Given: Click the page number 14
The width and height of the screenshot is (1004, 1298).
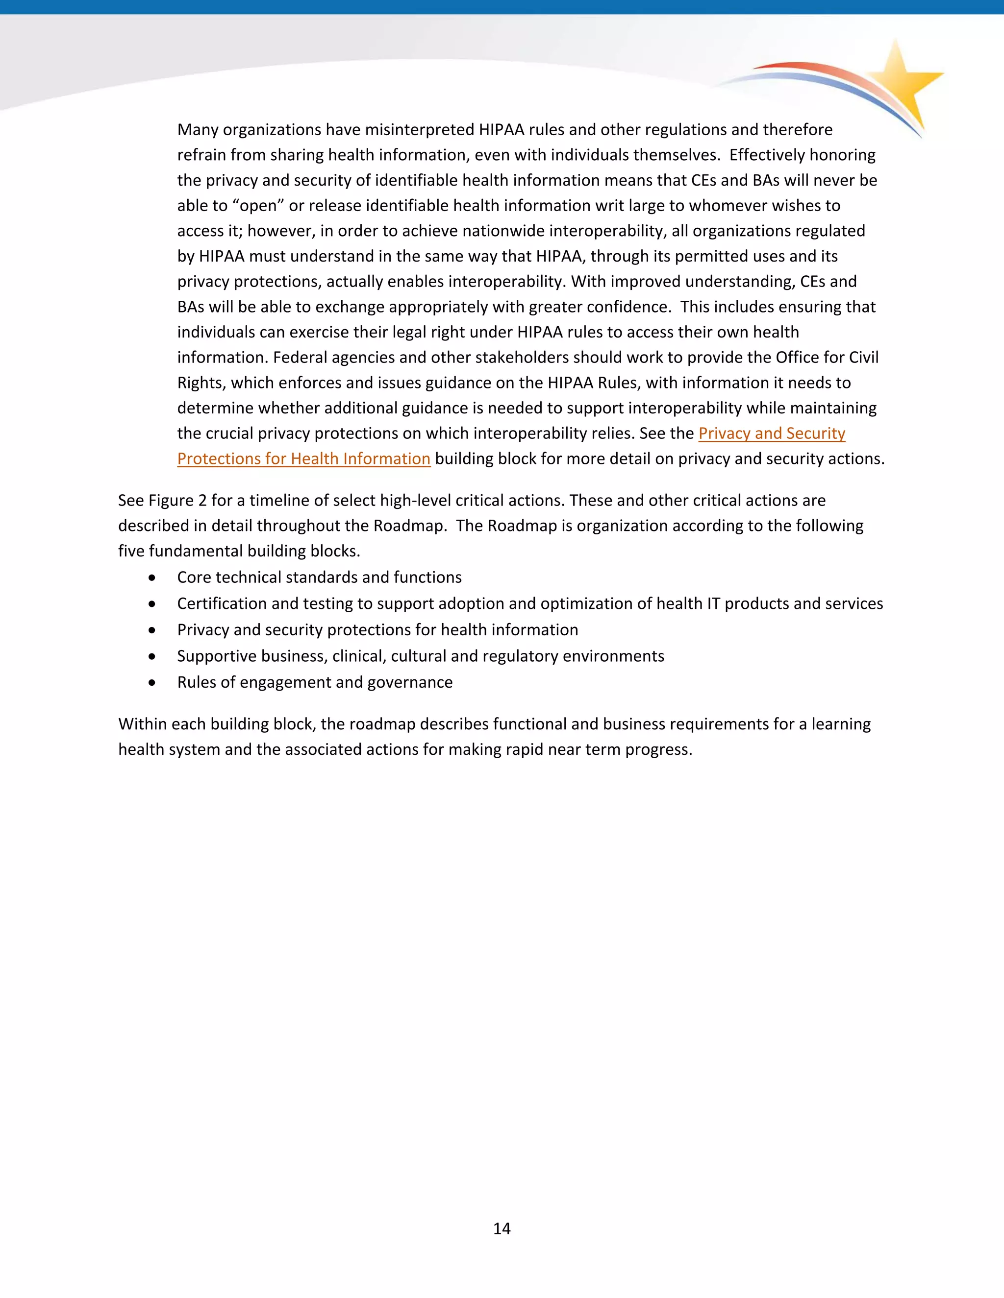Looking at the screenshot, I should tap(502, 1228).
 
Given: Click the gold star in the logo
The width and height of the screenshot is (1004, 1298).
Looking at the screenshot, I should tap(901, 80).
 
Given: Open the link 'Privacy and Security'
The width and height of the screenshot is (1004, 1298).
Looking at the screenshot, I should tap(772, 433).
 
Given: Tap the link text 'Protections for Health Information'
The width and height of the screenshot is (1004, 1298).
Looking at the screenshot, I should tap(303, 459).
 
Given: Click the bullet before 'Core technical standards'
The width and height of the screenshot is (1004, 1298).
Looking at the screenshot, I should tap(153, 577).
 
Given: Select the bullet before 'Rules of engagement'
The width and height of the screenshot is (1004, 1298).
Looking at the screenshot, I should tap(153, 683).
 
